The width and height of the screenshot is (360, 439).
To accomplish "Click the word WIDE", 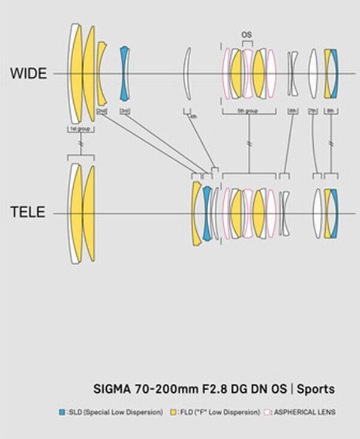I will click(27, 74).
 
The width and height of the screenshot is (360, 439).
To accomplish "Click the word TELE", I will click(27, 213).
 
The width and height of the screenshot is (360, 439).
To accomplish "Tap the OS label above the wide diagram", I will click(246, 35).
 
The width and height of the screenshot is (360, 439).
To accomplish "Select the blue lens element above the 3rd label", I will click(124, 73).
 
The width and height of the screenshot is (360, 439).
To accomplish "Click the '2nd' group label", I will click(102, 111).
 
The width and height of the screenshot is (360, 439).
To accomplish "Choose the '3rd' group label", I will click(125, 111).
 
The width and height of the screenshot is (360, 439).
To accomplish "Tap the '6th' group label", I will click(292, 111).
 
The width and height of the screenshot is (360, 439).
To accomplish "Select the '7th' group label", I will click(313, 111).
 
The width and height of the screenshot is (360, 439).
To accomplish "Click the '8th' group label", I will click(331, 111).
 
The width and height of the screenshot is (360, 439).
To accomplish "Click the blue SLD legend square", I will click(61, 412).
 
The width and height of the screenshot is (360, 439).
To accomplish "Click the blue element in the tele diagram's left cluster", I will click(207, 213).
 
